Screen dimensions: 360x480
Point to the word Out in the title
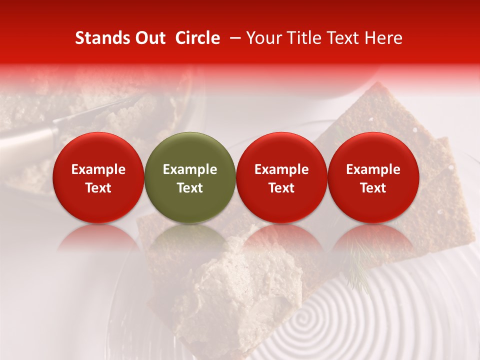[x=149, y=38]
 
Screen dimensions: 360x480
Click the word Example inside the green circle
[x=190, y=169]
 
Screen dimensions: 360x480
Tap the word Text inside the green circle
[x=190, y=188]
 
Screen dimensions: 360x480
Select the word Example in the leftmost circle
[x=98, y=169]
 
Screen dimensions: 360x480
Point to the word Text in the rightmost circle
[x=373, y=188]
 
